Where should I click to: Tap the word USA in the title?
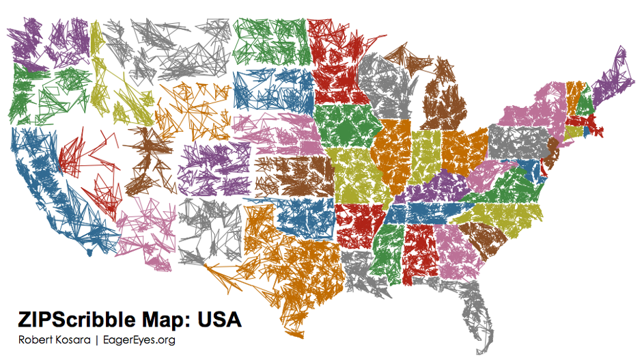219,319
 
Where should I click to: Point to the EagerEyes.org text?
139,340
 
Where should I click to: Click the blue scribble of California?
48,184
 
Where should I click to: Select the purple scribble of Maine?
615,79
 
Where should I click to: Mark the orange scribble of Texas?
294,266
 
